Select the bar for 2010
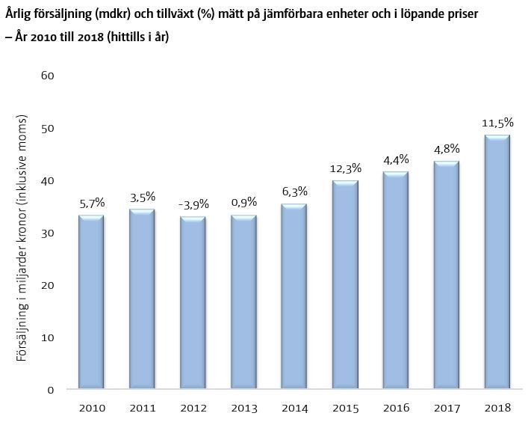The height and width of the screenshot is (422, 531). pyautogui.click(x=90, y=303)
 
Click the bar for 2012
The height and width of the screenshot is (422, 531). pyautogui.click(x=192, y=303)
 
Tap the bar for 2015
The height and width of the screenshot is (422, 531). pyautogui.click(x=344, y=285)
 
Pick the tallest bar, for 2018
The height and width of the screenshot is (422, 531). pyautogui.click(x=497, y=263)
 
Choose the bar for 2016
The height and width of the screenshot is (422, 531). pyautogui.click(x=395, y=281)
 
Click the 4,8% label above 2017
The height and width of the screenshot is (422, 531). pyautogui.click(x=446, y=149)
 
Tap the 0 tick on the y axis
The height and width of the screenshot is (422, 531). pyautogui.click(x=52, y=390)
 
